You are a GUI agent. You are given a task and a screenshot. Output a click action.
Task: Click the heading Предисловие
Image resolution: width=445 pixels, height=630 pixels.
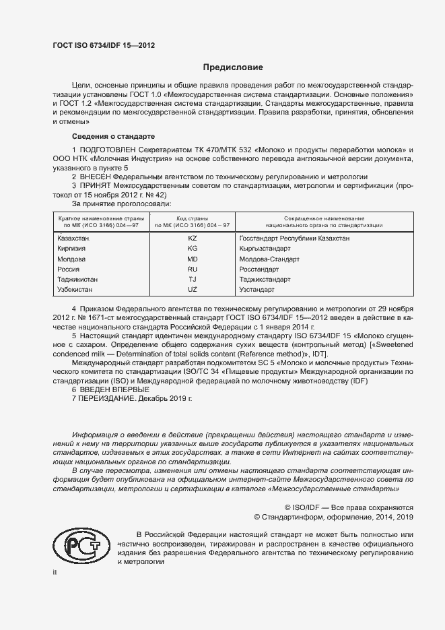click(x=233, y=67)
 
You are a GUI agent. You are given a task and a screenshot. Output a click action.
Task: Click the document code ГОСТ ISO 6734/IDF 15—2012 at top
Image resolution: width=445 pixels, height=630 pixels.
click(x=103, y=46)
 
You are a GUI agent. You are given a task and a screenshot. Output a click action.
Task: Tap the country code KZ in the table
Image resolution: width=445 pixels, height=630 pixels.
click(x=193, y=239)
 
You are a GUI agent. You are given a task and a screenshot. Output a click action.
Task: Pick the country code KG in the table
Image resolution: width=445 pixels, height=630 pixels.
click(x=193, y=249)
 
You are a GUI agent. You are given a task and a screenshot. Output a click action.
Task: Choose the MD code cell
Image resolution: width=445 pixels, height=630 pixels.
click(x=193, y=259)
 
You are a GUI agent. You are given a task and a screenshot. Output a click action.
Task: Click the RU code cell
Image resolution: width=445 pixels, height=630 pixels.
click(x=193, y=269)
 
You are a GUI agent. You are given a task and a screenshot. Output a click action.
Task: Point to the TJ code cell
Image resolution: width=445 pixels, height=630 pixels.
click(x=193, y=279)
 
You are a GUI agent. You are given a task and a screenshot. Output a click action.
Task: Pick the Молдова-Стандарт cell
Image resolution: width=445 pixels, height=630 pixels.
click(x=269, y=259)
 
